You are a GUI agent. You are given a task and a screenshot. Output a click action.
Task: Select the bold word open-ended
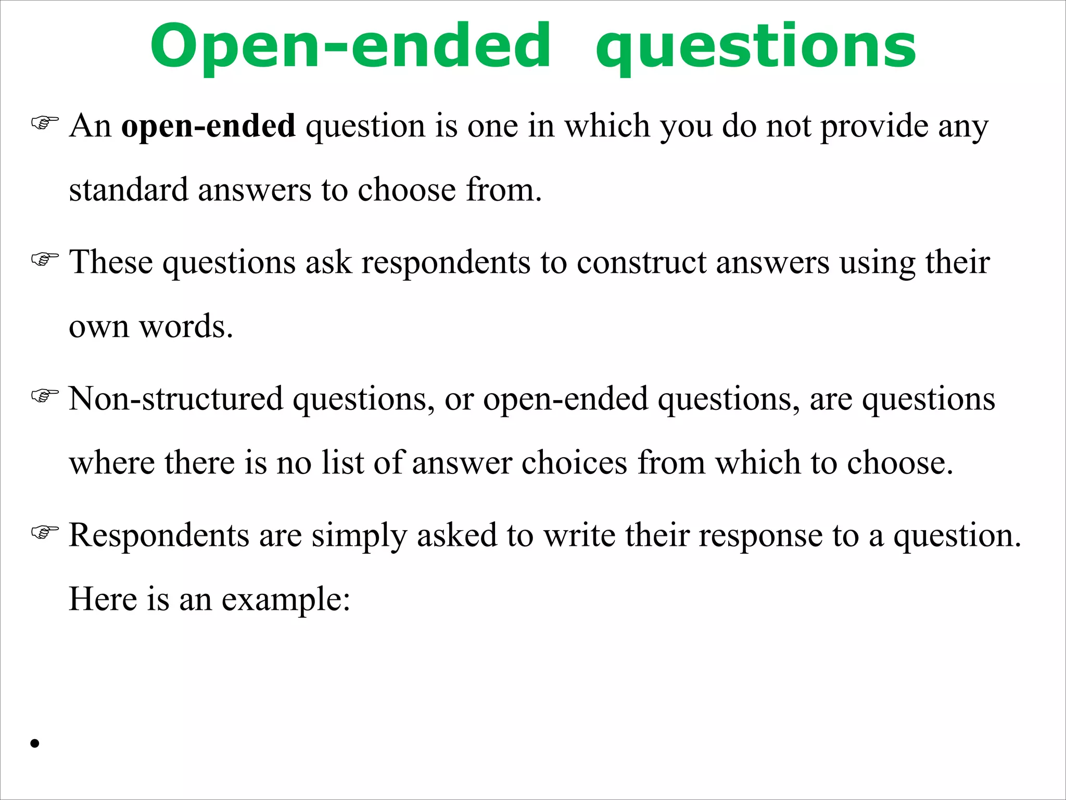(x=208, y=126)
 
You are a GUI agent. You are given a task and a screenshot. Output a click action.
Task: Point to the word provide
(x=874, y=127)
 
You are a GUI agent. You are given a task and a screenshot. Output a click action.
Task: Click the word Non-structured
(x=176, y=399)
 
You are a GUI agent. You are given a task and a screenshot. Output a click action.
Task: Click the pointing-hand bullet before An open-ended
(x=45, y=123)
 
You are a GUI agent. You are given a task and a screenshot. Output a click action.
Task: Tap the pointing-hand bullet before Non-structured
(x=45, y=396)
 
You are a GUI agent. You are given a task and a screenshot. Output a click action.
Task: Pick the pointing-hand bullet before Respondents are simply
(x=45, y=532)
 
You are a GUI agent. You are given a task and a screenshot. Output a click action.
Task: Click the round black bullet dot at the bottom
(x=35, y=743)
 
